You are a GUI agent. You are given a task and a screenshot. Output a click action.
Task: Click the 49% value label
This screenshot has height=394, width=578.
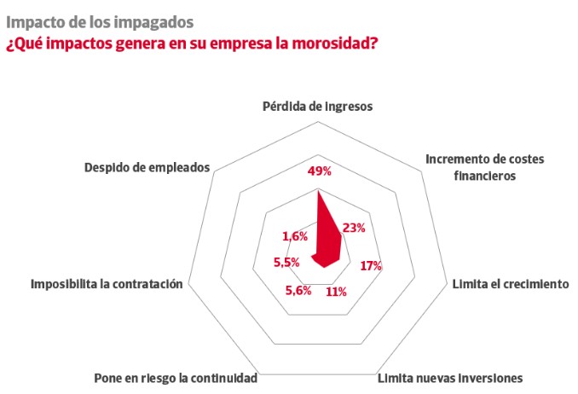coord(320,171)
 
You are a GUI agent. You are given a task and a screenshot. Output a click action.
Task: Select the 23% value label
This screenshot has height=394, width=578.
coord(354,228)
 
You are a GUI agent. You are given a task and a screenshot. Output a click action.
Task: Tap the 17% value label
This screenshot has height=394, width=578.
coord(371,266)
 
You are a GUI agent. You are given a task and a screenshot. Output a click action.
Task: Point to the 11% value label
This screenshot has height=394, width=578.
coord(336,292)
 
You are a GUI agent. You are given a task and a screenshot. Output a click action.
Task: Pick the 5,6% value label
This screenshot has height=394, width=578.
coord(298,291)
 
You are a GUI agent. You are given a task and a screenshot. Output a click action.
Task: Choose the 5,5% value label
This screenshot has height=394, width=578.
coord(286,263)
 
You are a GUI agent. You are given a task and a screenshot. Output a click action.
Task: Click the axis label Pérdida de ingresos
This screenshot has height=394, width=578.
coord(318,107)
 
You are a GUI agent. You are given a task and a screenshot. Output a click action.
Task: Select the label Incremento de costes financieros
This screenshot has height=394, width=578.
coord(483,168)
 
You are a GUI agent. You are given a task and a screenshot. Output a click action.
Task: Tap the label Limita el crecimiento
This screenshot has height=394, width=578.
coord(510,284)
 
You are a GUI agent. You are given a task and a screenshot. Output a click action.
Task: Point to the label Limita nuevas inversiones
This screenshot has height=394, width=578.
coord(449,376)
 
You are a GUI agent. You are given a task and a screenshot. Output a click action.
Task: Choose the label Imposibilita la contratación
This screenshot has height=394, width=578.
coord(107,284)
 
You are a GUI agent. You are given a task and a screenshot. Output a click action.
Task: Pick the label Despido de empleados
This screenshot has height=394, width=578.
coord(147,167)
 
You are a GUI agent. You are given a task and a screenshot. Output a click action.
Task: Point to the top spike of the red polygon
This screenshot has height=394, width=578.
coord(318,192)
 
